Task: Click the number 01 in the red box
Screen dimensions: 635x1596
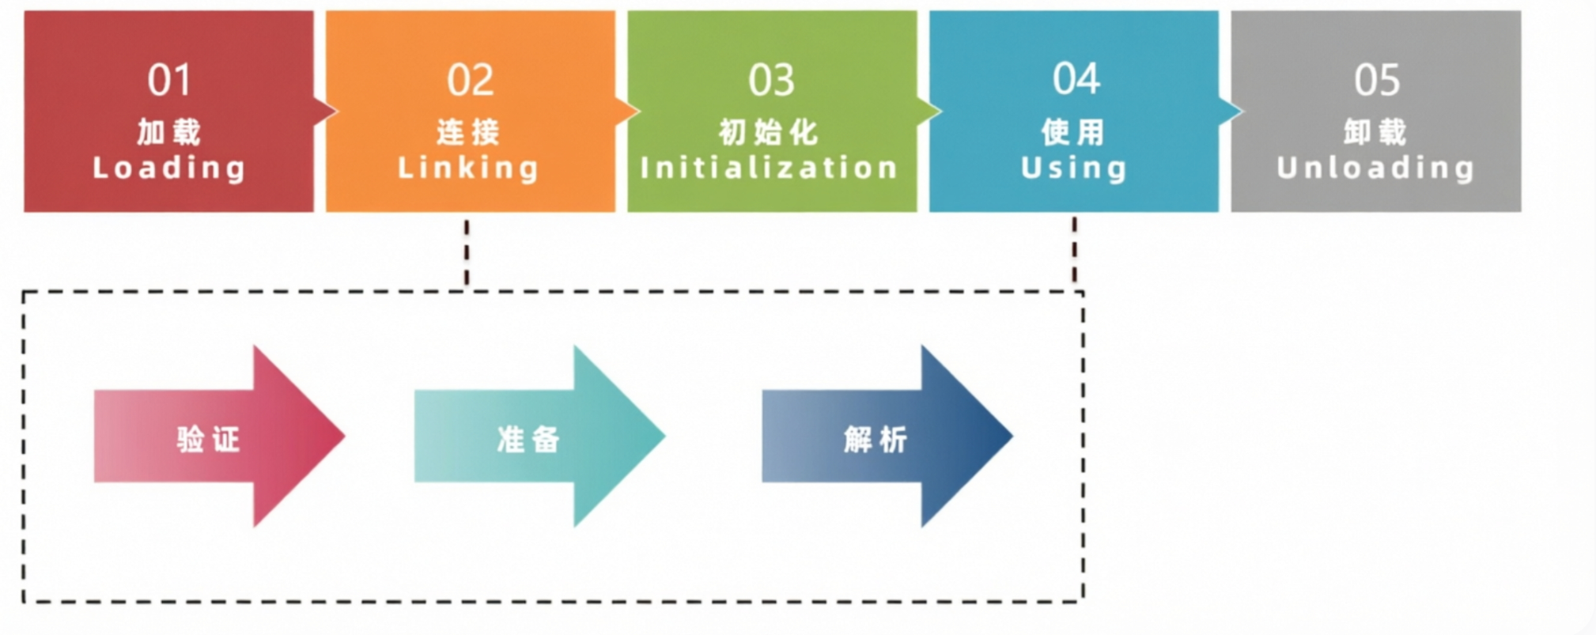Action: [168, 80]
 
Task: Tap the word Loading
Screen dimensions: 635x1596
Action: [168, 168]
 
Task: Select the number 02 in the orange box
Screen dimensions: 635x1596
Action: [470, 80]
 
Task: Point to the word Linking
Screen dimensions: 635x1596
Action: [468, 168]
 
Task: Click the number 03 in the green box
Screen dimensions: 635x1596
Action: [771, 80]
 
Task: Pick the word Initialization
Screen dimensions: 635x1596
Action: [770, 168]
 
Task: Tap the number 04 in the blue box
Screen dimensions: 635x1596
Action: [1076, 79]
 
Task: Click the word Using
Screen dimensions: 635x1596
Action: [1073, 168]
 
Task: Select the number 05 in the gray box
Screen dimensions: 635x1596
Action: [1377, 80]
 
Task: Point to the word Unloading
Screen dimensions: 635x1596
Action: [1375, 168]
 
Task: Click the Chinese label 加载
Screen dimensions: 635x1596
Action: [168, 131]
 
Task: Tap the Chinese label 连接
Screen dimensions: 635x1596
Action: [468, 131]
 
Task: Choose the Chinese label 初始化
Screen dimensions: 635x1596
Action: [769, 131]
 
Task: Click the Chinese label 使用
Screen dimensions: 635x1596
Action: [1072, 131]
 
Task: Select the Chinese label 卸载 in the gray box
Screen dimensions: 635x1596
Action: [1375, 131]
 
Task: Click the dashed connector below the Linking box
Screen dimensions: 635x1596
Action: [467, 252]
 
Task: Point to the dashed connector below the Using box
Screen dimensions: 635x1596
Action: [1074, 250]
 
